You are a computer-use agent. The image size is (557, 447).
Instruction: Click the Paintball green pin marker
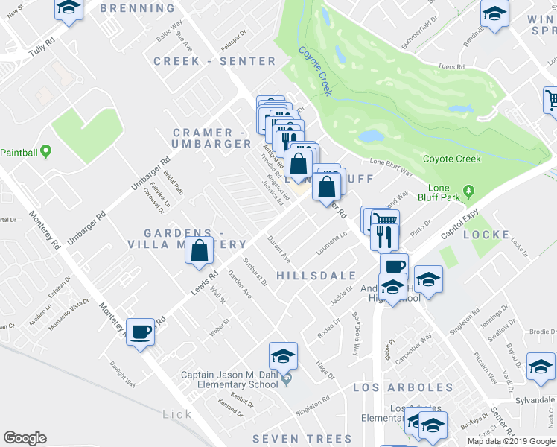point(45,152)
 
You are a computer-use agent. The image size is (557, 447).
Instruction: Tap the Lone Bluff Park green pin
point(468,191)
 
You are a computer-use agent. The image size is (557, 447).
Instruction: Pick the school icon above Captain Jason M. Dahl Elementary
point(283,355)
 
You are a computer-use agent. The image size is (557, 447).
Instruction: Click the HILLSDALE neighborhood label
point(316,276)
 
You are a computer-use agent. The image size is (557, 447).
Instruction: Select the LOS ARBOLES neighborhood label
point(402,388)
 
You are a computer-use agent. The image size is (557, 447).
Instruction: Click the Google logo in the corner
point(25,438)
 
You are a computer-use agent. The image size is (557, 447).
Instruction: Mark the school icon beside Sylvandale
point(541,365)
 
